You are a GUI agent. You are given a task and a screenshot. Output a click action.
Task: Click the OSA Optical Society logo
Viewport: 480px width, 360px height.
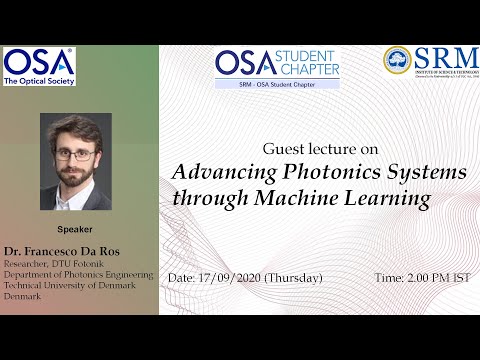(38, 66)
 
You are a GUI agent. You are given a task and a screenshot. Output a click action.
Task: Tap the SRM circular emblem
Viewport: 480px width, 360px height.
(397, 60)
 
